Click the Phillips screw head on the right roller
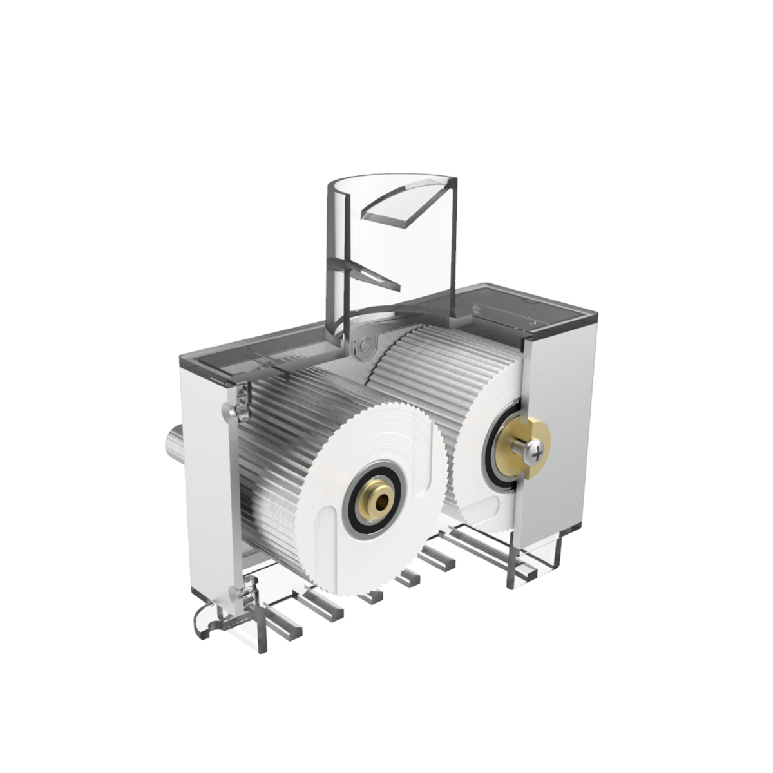pos(536,449)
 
